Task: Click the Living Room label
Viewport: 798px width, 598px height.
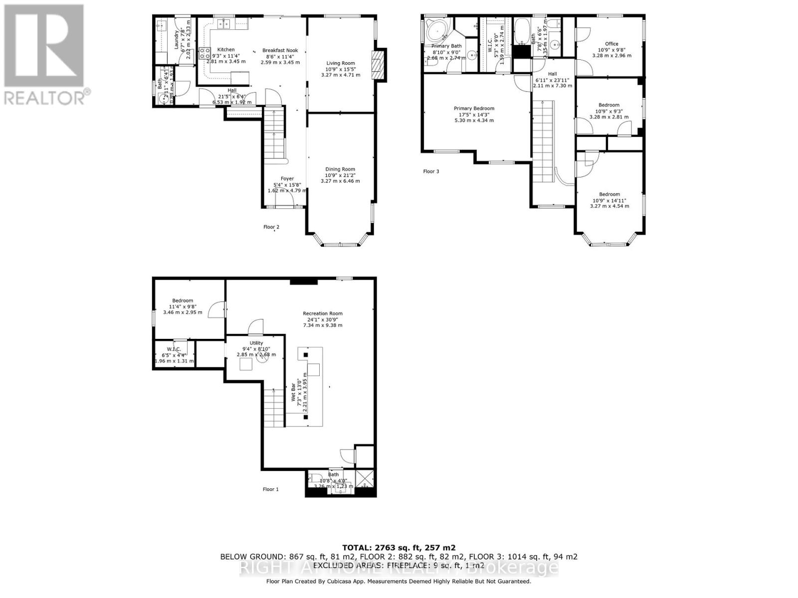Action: [x=341, y=63]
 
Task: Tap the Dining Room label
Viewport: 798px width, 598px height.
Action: [x=340, y=169]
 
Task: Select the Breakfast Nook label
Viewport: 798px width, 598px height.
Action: [x=280, y=50]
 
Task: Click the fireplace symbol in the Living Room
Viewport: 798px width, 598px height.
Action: [x=380, y=65]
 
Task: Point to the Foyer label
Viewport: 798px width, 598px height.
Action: [x=287, y=178]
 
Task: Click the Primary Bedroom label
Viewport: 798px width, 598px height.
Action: [x=474, y=108]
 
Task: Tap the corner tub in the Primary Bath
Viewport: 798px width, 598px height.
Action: [x=437, y=32]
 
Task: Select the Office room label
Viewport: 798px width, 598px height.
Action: [x=611, y=44]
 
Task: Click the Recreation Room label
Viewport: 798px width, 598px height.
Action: [x=323, y=313]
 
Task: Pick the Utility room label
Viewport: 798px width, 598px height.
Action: [x=256, y=343]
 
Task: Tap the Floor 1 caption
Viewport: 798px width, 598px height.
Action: [x=271, y=489]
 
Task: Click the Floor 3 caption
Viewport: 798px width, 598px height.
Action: [x=431, y=171]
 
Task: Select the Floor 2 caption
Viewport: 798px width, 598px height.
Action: [x=271, y=227]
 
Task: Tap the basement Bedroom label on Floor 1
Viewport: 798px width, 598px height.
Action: [x=183, y=300]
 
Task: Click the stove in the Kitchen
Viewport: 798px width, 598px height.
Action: [x=204, y=53]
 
